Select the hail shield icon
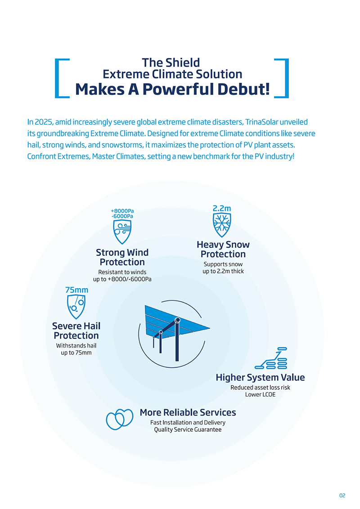point(77,307)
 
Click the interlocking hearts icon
point(119,419)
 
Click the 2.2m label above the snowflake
point(221,209)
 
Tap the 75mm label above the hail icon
point(77,290)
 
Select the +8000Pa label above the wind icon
point(122,210)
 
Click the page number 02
point(342,495)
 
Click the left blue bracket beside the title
point(60,77)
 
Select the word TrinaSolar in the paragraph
point(261,122)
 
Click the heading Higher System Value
point(260,377)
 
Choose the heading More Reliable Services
point(188,412)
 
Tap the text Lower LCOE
point(260,394)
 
